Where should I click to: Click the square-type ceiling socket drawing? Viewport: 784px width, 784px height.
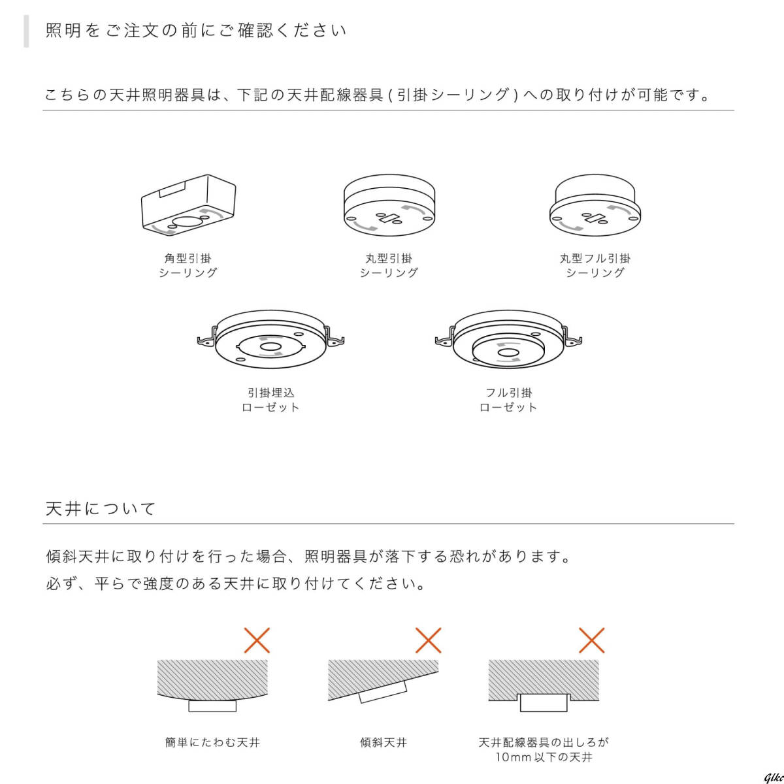(188, 203)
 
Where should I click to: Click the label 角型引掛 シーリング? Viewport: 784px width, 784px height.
(188, 265)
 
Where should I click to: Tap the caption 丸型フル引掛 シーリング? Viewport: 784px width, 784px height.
(595, 265)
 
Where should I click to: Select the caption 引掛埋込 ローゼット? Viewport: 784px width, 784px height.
(270, 400)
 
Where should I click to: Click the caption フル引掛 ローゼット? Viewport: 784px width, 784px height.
(508, 400)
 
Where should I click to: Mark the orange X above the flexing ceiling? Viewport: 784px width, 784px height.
(257, 640)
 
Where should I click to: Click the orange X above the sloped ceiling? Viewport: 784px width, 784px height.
(428, 640)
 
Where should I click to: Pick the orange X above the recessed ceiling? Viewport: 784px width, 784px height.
(591, 640)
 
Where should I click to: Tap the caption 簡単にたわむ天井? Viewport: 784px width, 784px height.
(213, 743)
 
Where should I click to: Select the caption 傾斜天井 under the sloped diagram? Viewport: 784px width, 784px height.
(384, 743)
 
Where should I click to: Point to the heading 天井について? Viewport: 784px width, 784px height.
(101, 509)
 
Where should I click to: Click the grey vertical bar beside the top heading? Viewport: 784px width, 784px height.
(26, 31)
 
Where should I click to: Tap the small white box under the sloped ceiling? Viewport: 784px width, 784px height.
(384, 690)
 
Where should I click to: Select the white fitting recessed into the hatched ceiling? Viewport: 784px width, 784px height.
(544, 702)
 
